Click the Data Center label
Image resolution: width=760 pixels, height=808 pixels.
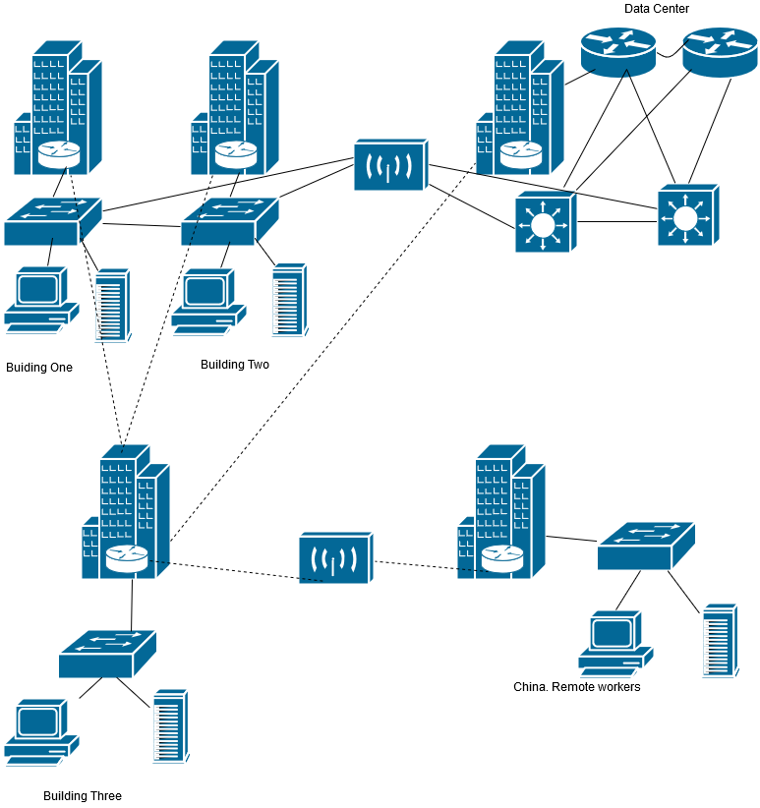[x=656, y=9]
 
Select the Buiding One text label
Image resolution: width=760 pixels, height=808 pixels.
[x=39, y=368]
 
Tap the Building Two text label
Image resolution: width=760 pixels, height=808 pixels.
[x=234, y=365]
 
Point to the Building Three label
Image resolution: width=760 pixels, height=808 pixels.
[x=83, y=796]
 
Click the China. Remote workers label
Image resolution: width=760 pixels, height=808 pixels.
[x=576, y=687]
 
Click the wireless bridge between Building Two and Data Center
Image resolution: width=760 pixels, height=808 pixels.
[x=390, y=164]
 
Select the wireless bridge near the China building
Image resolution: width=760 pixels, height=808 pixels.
[x=335, y=558]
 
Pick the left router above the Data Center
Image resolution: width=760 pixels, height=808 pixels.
[x=617, y=51]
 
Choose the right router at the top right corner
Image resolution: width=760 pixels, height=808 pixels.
[x=720, y=51]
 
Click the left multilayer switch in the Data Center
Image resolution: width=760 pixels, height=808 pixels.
[x=544, y=223]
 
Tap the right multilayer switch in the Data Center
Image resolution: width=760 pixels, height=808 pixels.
[x=687, y=214]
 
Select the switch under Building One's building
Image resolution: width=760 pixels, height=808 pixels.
[x=52, y=221]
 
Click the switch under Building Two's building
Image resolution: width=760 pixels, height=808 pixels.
[x=229, y=221]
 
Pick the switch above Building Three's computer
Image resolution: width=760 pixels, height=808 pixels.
[x=106, y=654]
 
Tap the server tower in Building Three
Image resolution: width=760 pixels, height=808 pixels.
[x=169, y=726]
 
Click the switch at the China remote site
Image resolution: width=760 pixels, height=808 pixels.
[x=645, y=546]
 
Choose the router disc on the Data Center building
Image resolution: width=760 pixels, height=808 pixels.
[x=520, y=154]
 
